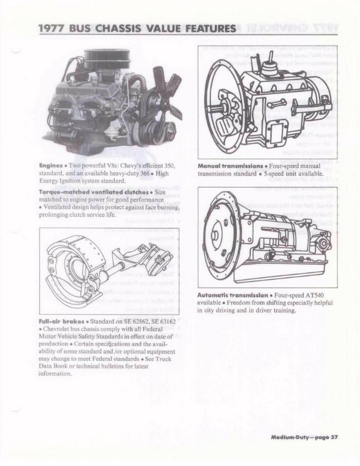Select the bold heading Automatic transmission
tap(231, 295)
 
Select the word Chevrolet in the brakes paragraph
tap(61, 329)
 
